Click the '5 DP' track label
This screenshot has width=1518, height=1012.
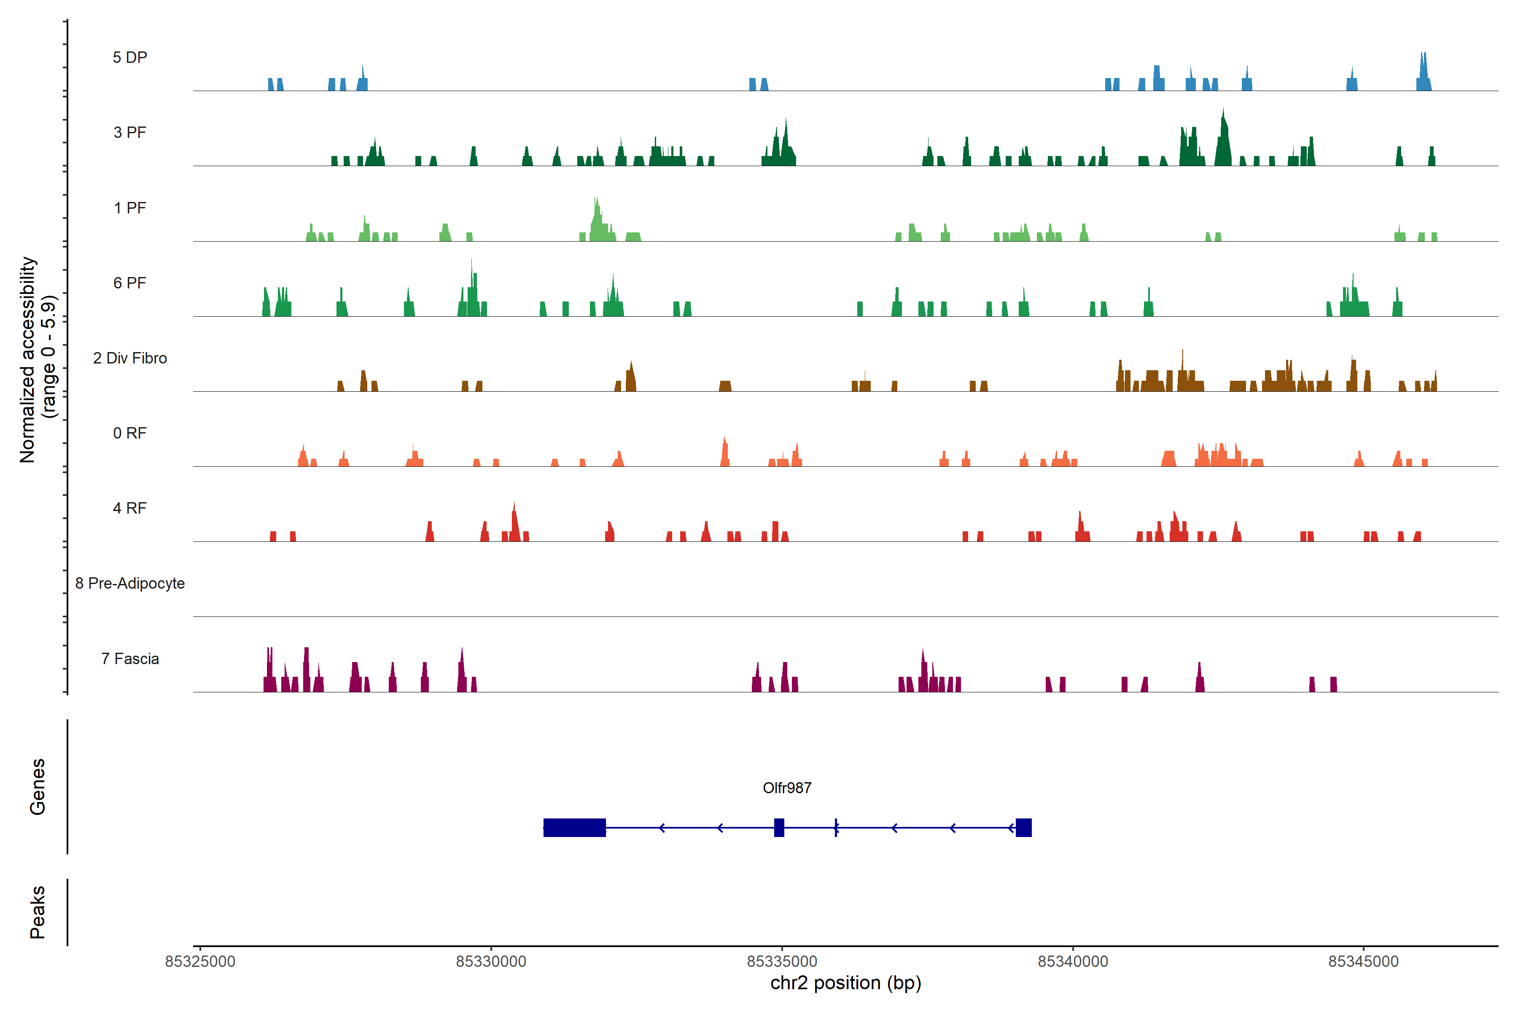pos(130,57)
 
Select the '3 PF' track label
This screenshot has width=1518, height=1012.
pos(130,132)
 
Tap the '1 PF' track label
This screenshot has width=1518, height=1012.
pos(130,208)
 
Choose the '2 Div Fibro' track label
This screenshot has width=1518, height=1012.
pos(130,358)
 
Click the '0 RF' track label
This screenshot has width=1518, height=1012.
pos(130,433)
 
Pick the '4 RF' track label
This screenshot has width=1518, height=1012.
pos(130,508)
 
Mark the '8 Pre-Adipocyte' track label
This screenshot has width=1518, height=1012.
pos(130,584)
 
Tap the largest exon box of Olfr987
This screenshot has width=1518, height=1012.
pos(574,827)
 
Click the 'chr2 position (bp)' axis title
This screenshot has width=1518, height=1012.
pos(845,983)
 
